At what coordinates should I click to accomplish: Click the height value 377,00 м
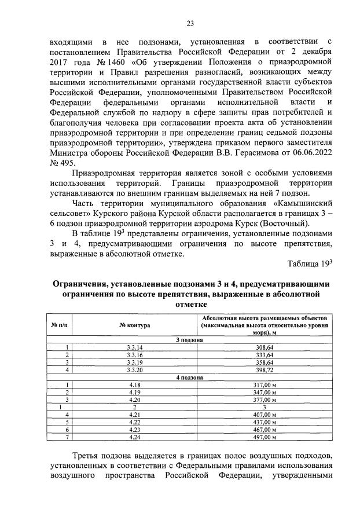click(x=267, y=400)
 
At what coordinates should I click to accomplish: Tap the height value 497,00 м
click(x=267, y=438)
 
